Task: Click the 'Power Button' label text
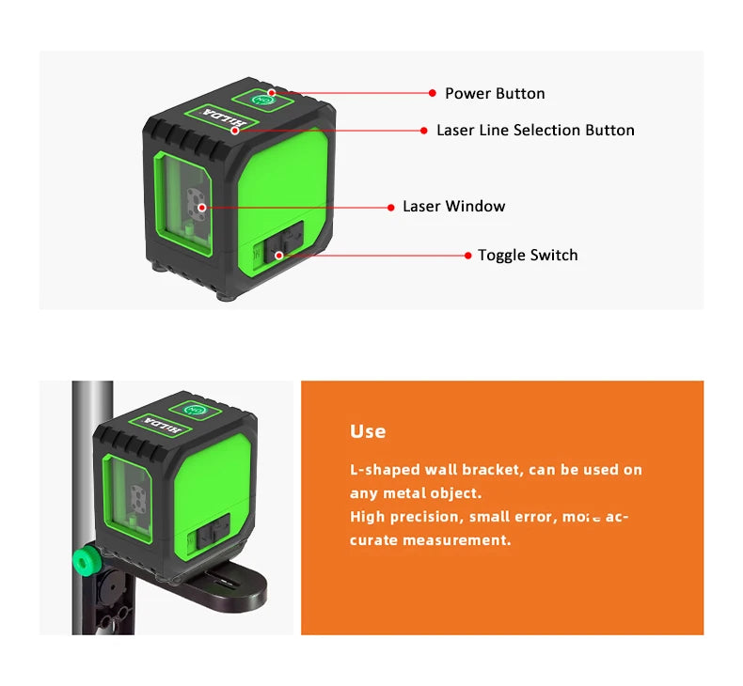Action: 495,93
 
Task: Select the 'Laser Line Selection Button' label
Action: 535,131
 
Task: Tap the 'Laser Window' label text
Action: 453,207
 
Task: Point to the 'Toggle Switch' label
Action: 528,256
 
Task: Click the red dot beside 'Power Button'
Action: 433,93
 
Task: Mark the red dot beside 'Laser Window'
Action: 390,207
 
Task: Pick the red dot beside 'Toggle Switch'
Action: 467,256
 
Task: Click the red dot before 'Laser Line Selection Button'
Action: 423,131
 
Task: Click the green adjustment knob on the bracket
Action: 87,562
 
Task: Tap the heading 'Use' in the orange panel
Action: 368,431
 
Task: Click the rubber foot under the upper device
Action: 226,295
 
